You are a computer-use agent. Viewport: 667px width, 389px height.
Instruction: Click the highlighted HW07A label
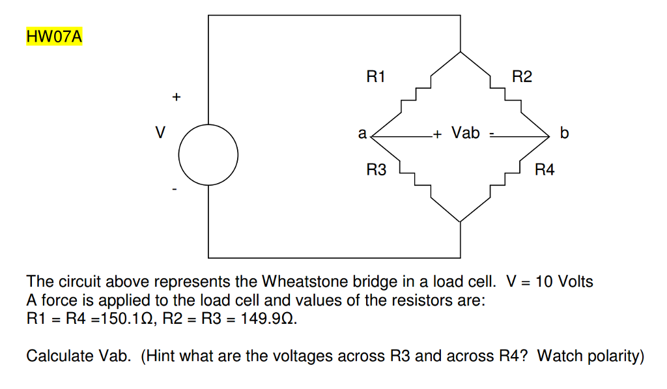(54, 36)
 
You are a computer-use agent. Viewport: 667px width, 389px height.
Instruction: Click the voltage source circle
(208, 155)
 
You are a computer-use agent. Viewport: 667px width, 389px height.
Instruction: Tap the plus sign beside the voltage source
(175, 98)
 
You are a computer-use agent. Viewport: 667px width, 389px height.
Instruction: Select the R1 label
(376, 78)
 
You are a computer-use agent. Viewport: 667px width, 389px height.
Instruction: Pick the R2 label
(522, 78)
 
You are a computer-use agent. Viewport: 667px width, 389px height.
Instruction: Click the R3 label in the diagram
(376, 171)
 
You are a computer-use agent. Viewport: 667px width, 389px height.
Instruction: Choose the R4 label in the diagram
(544, 171)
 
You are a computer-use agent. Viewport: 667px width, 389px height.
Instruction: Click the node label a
(362, 134)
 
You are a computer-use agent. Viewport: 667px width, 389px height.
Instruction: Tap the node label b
(564, 134)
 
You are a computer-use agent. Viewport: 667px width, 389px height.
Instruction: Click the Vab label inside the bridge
(466, 134)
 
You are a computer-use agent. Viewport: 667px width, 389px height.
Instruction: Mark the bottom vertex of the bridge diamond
(461, 222)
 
